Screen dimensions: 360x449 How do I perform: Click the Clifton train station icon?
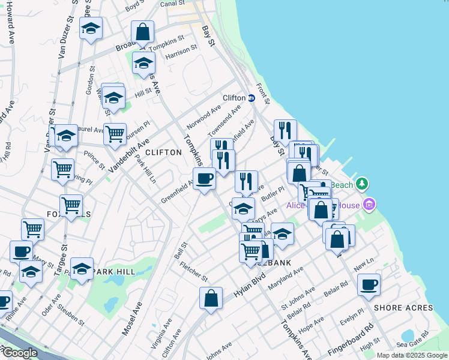point(252,98)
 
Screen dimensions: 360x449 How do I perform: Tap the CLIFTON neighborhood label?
point(163,152)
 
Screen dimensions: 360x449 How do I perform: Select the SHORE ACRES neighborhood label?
point(403,308)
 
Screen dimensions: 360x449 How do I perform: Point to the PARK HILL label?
point(113,271)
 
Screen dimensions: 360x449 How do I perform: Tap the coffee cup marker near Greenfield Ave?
point(204,178)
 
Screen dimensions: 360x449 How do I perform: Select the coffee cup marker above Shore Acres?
point(369,284)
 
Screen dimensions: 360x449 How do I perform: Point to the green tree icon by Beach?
point(361,183)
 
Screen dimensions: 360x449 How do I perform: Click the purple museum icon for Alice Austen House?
point(370,205)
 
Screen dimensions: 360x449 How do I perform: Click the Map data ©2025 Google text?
point(412,355)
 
